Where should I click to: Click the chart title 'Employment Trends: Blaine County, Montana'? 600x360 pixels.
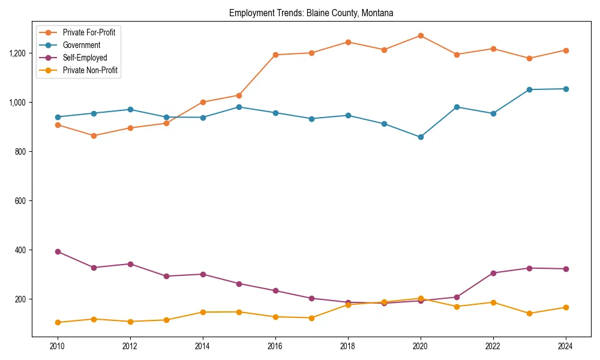tap(311, 13)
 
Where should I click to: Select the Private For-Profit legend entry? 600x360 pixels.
tap(89, 32)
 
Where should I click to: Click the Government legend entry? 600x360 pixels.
tap(81, 45)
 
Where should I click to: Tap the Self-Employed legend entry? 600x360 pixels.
tap(85, 58)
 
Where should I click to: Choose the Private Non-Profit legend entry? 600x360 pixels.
tap(90, 70)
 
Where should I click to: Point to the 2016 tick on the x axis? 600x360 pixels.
tap(275, 346)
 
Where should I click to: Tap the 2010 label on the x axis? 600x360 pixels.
tap(58, 346)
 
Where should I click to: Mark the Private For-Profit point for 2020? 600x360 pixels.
tap(421, 35)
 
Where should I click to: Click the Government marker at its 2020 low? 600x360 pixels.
tap(421, 137)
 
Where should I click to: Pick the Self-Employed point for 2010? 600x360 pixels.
tap(58, 251)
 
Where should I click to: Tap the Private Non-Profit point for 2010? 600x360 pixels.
tap(58, 322)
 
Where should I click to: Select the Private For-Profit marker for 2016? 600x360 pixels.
tap(275, 55)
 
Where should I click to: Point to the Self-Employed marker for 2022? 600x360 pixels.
tap(493, 273)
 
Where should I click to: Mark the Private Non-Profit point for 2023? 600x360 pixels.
tap(529, 313)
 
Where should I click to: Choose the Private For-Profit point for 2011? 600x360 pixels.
tap(94, 136)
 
